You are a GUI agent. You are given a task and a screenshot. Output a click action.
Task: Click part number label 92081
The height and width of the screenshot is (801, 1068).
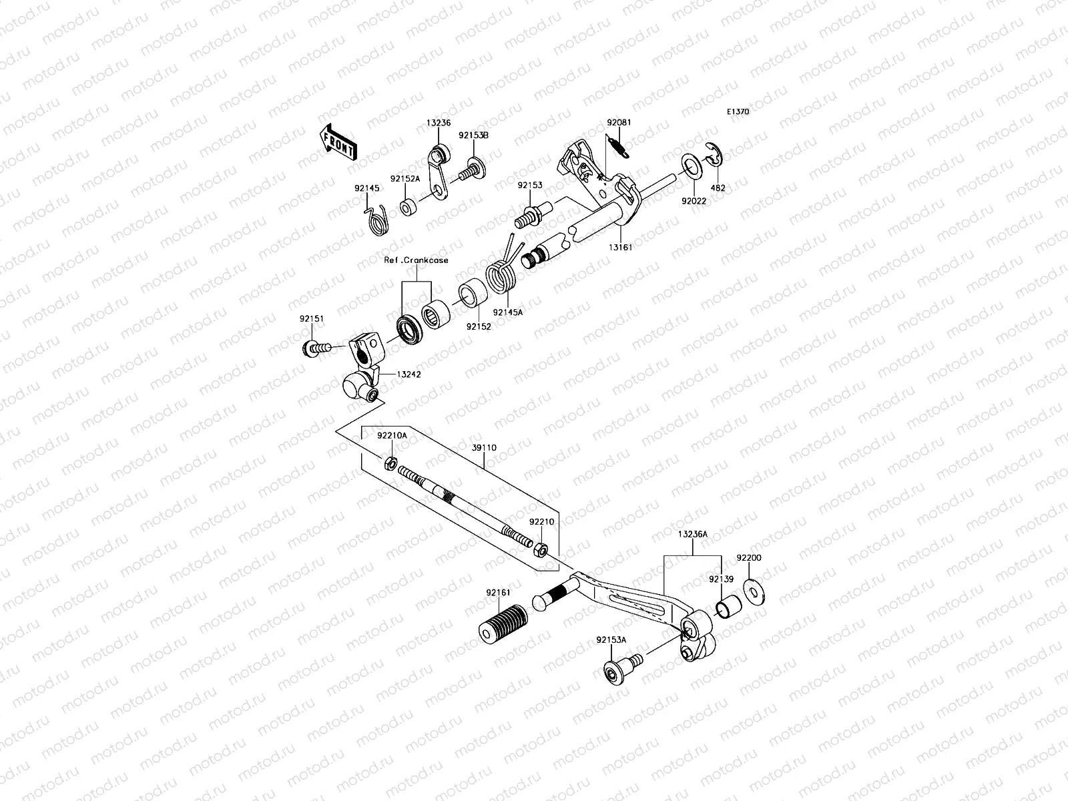coord(619,123)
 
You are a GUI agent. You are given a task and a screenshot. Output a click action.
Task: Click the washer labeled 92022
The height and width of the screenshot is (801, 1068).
coord(691,166)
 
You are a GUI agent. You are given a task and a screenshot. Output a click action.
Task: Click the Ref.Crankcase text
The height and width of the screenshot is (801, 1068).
coord(416,260)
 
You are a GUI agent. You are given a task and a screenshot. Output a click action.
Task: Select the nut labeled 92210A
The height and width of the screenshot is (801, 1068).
coord(392,461)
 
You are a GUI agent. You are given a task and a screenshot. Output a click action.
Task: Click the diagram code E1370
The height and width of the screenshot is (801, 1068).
coord(738,112)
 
